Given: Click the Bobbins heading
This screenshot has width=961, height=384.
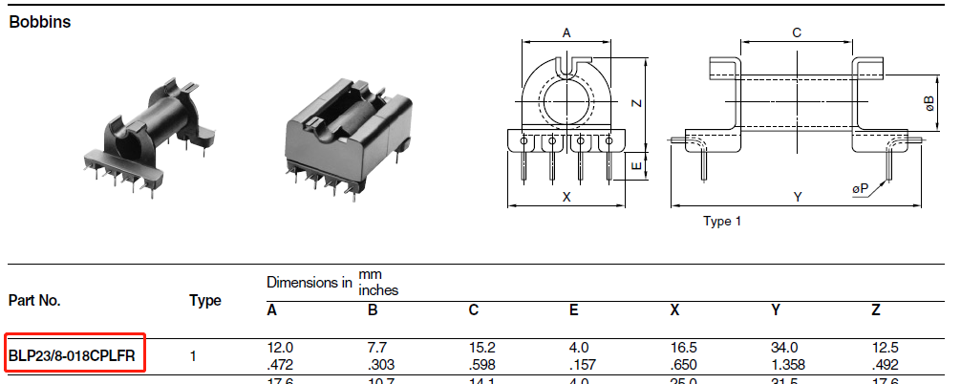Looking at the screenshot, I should click(x=40, y=22).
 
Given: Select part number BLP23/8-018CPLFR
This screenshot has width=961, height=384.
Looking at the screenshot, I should click(x=73, y=357).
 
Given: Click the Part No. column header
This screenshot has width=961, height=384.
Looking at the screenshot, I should click(x=35, y=300).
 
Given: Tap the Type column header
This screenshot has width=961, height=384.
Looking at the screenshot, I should click(x=204, y=300).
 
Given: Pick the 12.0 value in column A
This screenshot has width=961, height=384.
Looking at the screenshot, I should click(x=280, y=349).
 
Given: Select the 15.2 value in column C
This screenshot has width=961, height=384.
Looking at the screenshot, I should click(x=480, y=349).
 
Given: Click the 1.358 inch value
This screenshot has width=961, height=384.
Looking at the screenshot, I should click(x=788, y=365).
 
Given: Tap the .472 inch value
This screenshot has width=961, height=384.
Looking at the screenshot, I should click(x=281, y=365).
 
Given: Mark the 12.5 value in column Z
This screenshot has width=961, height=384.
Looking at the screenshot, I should click(x=886, y=349).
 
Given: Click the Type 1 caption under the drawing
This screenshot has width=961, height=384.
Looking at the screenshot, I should click(x=722, y=222).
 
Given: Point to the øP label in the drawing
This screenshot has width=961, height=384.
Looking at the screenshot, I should click(x=861, y=188).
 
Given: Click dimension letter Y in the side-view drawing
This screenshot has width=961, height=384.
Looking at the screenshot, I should click(x=798, y=196).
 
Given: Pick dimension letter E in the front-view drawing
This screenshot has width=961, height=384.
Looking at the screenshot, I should click(x=633, y=166).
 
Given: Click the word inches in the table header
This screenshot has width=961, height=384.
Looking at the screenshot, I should click(x=378, y=289).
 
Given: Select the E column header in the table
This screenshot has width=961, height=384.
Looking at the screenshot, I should click(x=573, y=309).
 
